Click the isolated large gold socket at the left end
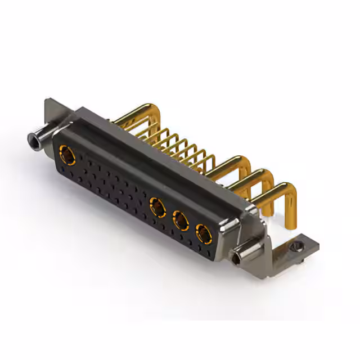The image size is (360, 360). click(67, 152)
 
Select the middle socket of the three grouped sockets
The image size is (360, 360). click(181, 220)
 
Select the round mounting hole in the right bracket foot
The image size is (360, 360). click(296, 246)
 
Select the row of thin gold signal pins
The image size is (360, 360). click(180, 143)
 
